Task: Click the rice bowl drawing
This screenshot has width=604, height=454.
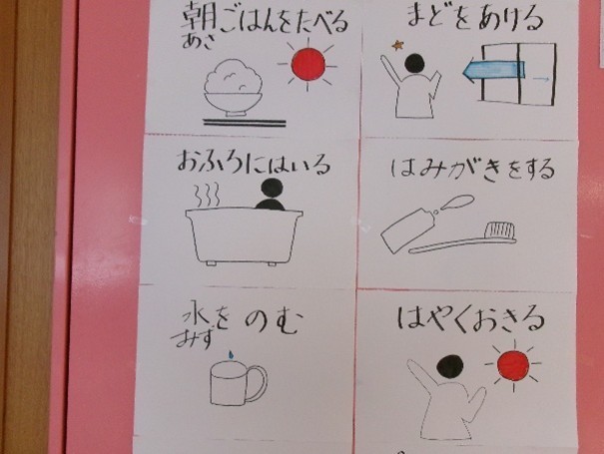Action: tap(234, 88)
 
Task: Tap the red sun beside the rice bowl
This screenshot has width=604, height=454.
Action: tap(307, 64)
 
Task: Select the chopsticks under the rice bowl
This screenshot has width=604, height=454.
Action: tap(245, 123)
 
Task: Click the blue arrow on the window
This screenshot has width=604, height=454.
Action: tap(493, 69)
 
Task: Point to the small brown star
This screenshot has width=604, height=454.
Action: tap(397, 46)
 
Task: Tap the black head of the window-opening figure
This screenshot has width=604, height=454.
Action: tap(414, 63)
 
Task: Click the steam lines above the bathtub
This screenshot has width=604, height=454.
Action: tap(208, 195)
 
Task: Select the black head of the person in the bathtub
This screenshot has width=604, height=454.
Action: tap(272, 189)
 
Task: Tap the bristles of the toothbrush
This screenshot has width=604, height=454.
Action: tap(499, 230)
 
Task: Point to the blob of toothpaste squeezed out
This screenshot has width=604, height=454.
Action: tap(457, 202)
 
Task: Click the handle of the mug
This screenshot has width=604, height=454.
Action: tap(256, 383)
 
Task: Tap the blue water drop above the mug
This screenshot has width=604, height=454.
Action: tap(231, 354)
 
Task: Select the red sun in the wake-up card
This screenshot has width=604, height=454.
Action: tap(513, 365)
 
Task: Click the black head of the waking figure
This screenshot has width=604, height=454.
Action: tap(450, 366)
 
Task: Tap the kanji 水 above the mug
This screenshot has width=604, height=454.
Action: tap(196, 320)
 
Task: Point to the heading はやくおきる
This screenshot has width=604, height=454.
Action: tap(470, 319)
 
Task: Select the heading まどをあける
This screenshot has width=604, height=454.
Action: tap(475, 19)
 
